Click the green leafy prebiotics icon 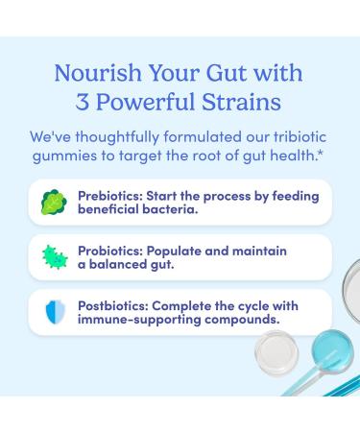[x=52, y=202]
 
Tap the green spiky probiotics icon [x=52, y=256]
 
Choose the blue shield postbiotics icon [x=52, y=312]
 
